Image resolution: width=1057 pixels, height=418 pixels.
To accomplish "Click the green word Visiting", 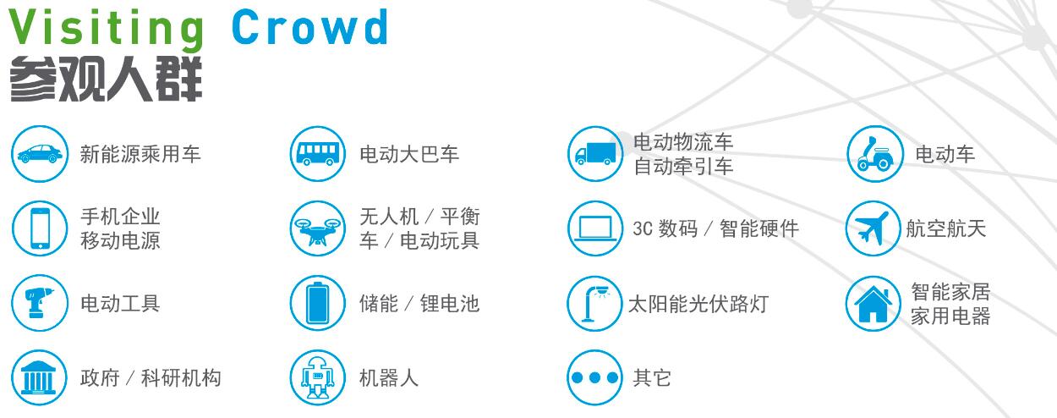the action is tap(107, 30).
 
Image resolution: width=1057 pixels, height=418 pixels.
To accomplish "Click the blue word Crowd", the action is tap(310, 27).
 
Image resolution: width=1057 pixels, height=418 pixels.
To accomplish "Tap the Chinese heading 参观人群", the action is tap(107, 80).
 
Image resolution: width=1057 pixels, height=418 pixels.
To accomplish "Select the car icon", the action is tap(40, 154).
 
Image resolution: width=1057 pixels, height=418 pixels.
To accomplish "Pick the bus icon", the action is tap(318, 154).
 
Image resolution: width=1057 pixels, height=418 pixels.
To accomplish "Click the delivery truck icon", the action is tap(595, 154).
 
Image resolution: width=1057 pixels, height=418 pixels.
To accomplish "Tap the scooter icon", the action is tap(875, 154).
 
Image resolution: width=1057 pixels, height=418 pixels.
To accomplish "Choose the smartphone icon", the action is tap(40, 228).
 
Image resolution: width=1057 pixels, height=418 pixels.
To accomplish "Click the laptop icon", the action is tap(595, 228).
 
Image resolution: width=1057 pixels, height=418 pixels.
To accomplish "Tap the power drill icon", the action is tap(40, 303).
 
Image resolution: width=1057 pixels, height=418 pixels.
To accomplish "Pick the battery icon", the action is tap(318, 303).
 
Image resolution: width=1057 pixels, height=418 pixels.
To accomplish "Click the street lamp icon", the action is tap(595, 304).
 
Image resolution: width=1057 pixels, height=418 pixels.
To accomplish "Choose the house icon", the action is tap(873, 305).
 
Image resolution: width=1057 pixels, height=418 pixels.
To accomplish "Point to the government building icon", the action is tap(39, 378).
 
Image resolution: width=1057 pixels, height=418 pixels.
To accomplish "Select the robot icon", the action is tap(318, 378).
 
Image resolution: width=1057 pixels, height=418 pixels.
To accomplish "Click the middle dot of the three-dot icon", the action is tap(595, 378).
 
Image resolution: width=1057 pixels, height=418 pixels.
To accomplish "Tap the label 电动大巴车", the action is tap(409, 155).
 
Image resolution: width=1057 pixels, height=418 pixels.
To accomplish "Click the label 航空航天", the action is tap(946, 228).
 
